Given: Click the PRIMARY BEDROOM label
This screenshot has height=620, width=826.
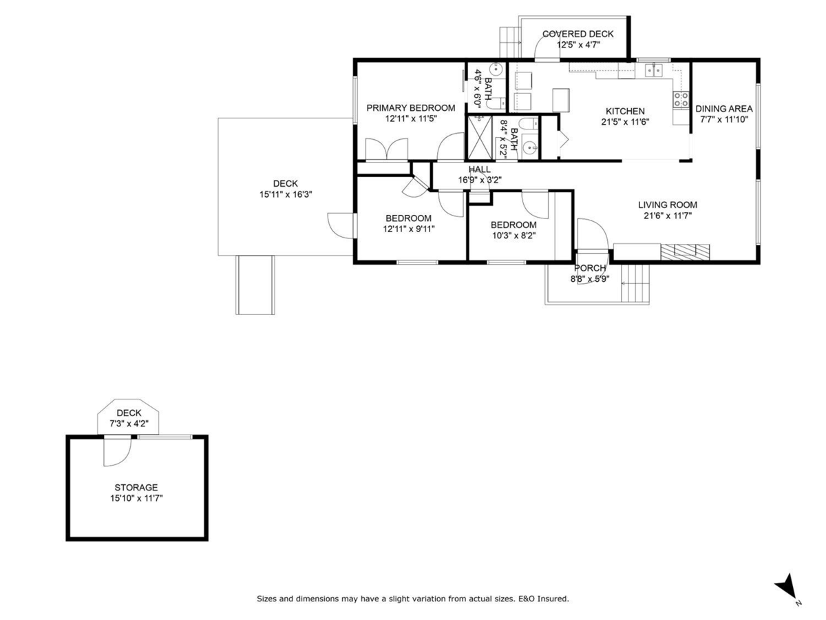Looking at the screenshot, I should click(x=410, y=108).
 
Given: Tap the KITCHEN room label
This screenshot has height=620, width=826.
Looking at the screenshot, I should click(x=625, y=112).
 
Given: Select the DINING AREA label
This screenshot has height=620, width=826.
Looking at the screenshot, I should click(x=723, y=109).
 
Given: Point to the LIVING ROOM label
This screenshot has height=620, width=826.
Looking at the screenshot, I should click(x=667, y=205).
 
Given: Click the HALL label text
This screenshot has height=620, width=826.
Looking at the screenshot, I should click(x=480, y=169).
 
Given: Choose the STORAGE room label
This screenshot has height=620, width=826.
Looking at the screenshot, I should click(x=136, y=488).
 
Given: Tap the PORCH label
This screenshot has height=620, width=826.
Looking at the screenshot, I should click(x=590, y=269).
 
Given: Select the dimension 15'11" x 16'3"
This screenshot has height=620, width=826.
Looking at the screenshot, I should click(x=285, y=195).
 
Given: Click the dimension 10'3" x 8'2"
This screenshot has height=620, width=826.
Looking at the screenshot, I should click(x=513, y=236).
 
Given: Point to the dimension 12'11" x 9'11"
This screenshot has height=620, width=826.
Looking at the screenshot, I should click(x=409, y=229).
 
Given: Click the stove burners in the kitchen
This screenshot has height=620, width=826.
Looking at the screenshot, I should click(x=681, y=99).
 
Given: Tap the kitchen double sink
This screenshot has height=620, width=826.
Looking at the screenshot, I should click(x=653, y=70).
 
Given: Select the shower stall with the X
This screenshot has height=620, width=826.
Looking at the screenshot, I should click(x=479, y=137).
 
